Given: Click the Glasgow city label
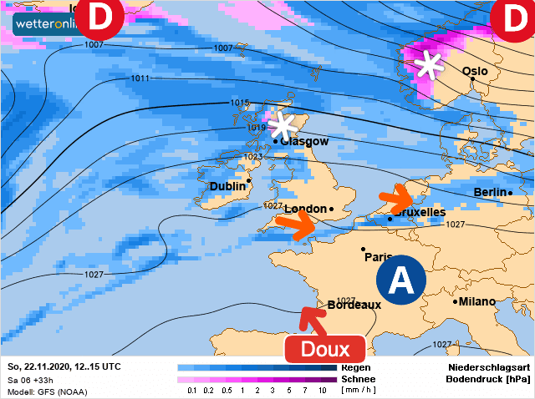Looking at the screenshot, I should point(305,142).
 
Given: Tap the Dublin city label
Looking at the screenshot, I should point(227,186).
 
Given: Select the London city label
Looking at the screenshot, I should point(305,209).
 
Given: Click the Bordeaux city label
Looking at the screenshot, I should point(354,305).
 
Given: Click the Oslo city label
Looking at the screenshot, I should point(475,72).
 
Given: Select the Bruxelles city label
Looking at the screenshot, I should point(420,213).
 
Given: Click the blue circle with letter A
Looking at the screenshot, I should point(400,280).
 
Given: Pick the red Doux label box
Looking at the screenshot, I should point(324,348).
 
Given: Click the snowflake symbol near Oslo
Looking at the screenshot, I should point(431,64).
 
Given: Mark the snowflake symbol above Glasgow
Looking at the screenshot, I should point(283,126).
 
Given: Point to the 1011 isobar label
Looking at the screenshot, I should point(140,78).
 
